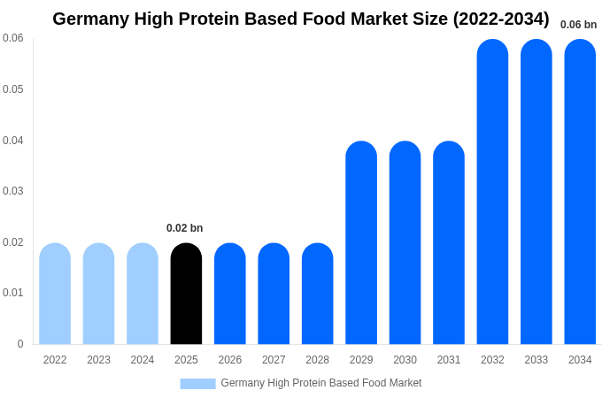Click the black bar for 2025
186,294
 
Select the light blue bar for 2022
55,294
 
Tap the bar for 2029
361,243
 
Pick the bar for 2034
580,192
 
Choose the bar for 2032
492,192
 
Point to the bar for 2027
274,294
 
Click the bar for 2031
449,243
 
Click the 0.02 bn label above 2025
184,228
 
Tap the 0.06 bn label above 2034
578,25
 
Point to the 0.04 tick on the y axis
12,141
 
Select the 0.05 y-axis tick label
12,89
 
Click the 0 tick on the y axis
20,344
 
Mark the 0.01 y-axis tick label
12,293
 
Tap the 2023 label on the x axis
98,360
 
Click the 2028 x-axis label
317,360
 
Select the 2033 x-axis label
536,360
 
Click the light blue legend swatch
197,384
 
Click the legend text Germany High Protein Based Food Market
320,383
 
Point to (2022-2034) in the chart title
501,19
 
